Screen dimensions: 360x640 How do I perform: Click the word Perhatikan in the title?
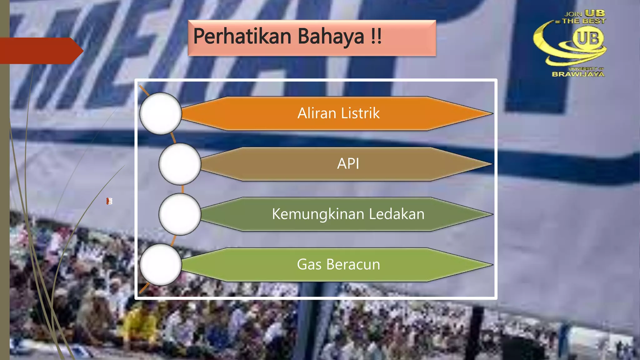coord(242,37)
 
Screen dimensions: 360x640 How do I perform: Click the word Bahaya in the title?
coord(331,37)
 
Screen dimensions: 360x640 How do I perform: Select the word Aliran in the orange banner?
coord(317,113)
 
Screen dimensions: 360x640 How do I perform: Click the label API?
coord(348,164)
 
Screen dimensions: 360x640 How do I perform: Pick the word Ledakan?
coord(397,214)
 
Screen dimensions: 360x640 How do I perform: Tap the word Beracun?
coord(353,265)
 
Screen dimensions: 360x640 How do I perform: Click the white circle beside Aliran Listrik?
coord(161,114)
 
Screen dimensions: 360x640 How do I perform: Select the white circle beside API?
coord(180,164)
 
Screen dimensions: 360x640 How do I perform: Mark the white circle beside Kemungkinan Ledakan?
coord(180,214)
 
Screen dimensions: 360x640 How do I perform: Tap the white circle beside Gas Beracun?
coord(161,265)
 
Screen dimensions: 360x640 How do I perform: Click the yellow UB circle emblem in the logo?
coord(588,38)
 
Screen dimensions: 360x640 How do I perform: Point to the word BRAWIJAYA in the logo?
coord(578,74)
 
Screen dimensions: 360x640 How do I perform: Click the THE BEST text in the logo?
coord(584,21)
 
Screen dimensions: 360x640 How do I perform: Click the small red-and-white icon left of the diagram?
coord(109,201)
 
